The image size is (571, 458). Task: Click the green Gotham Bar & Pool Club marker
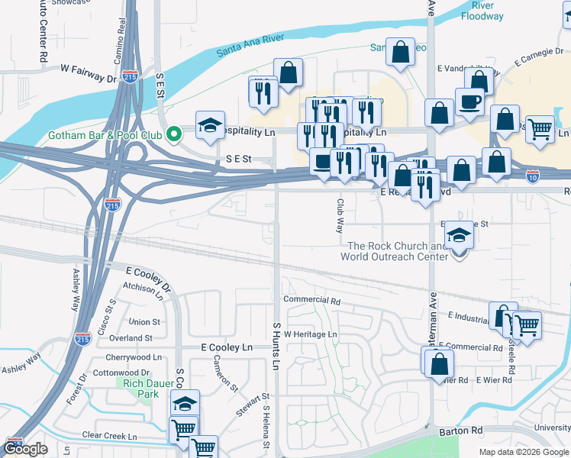[173, 135]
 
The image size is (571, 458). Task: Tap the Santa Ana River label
[250, 45]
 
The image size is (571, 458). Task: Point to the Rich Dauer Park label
[137, 389]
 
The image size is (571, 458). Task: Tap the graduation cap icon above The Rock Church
[459, 234]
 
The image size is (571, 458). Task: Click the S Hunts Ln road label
[276, 346]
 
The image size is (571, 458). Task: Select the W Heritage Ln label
[310, 334]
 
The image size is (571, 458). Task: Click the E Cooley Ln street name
[227, 347]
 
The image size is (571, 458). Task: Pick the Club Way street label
[340, 217]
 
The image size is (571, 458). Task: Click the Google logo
[25, 448]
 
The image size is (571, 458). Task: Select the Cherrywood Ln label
[137, 356]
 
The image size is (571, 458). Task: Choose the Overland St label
[131, 337]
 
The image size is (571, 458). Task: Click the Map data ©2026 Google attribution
[523, 452]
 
